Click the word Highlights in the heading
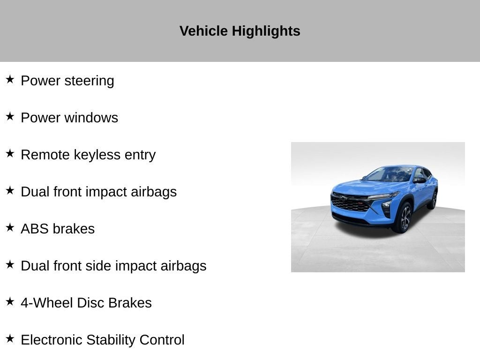(266, 31)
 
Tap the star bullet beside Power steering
(10, 79)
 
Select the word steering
(89, 81)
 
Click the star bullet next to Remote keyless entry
(10, 153)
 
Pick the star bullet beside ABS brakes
(10, 227)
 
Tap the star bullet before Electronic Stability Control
(10, 338)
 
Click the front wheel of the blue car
(405, 218)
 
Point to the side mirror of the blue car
(420, 180)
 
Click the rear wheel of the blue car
(433, 200)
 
